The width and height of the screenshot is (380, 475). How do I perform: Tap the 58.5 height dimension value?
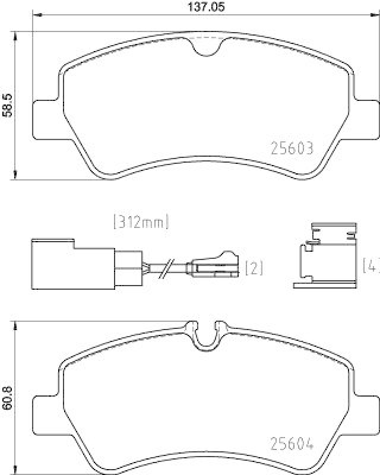[x=7, y=106]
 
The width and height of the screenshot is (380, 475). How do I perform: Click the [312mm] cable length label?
[x=140, y=223]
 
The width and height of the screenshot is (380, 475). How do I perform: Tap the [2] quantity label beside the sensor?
[x=254, y=268]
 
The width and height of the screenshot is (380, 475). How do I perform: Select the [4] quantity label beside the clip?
[x=372, y=265]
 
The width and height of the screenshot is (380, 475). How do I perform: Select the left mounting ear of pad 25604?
[x=45, y=412]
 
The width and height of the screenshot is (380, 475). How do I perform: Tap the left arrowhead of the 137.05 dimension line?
[x=34, y=15]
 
